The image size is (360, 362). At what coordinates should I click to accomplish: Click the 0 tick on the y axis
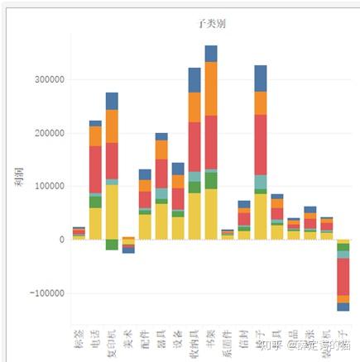[60, 240]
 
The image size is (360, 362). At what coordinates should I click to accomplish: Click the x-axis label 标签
[79, 339]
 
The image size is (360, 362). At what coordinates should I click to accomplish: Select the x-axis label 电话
[95, 339]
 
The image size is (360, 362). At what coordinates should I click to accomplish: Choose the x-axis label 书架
[211, 339]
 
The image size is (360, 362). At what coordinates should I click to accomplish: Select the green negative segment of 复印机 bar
[112, 245]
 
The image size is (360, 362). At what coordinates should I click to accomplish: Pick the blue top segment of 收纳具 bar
[194, 80]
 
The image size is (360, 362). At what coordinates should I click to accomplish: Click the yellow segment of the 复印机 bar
[112, 212]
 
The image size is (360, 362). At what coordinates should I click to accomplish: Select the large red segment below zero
[343, 276]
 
